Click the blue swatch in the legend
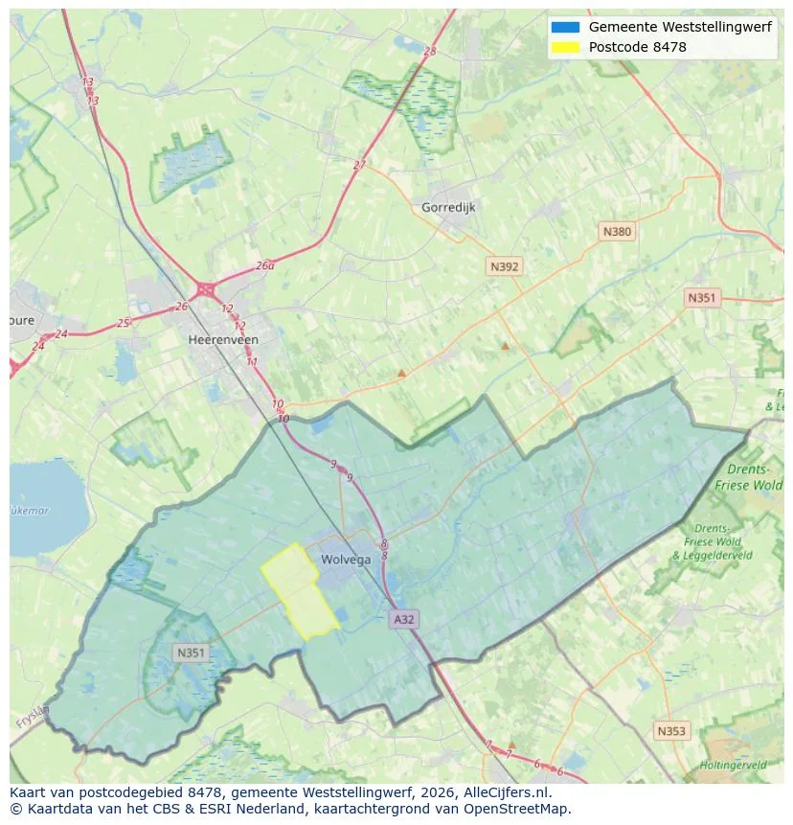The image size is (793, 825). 565,28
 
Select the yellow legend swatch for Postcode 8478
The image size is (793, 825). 565,47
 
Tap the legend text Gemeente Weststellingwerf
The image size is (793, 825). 680,28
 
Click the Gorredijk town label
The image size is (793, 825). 448,207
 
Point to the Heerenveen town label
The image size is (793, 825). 223,339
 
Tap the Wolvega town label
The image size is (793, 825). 346,560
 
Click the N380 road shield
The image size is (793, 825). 617,232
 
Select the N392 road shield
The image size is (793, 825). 504,267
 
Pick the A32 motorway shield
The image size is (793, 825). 404,620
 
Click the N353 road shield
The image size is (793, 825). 671,731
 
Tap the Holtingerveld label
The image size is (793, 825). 733,766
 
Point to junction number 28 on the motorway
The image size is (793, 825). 429,52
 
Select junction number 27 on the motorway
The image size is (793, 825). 359,165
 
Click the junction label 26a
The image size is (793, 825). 264,266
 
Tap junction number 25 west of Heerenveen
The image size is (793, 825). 123,323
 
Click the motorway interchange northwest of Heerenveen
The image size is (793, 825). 205,288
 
